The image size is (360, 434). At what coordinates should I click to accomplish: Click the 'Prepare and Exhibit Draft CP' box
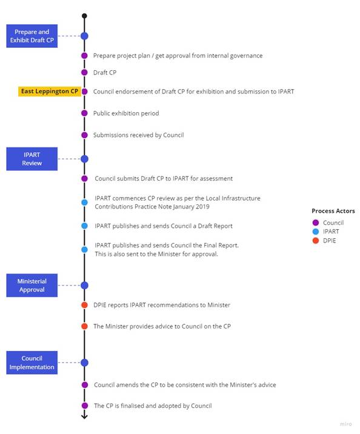click(x=32, y=36)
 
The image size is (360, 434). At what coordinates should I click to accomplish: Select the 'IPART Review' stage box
click(x=32, y=159)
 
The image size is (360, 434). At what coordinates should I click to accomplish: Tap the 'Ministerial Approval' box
click(x=32, y=285)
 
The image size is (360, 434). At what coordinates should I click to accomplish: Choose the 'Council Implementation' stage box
click(x=32, y=362)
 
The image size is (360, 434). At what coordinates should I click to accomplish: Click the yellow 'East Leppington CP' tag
click(x=50, y=92)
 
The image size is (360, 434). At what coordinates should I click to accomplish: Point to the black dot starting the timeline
click(x=84, y=16)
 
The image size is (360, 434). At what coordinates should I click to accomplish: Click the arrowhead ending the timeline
click(x=84, y=416)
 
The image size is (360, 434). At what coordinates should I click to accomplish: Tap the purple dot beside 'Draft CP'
click(x=84, y=73)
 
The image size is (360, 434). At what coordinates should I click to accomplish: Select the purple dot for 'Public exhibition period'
click(x=84, y=113)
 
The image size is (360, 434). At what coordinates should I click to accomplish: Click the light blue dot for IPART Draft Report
click(x=84, y=226)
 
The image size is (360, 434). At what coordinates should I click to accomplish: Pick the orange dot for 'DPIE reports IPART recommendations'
click(x=84, y=305)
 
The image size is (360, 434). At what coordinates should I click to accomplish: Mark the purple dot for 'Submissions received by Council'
click(x=84, y=135)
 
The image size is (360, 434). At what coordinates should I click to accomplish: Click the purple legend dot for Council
click(x=315, y=222)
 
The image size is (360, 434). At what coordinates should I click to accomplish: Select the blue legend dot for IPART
click(x=315, y=232)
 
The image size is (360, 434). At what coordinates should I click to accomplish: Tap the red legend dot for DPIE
click(x=315, y=241)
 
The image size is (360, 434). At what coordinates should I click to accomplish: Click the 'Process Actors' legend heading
click(x=333, y=211)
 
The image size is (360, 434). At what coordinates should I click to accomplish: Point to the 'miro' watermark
click(x=345, y=424)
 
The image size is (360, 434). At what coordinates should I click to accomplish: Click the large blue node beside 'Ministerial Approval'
click(x=84, y=285)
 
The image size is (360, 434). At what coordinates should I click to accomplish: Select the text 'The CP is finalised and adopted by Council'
click(x=153, y=406)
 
